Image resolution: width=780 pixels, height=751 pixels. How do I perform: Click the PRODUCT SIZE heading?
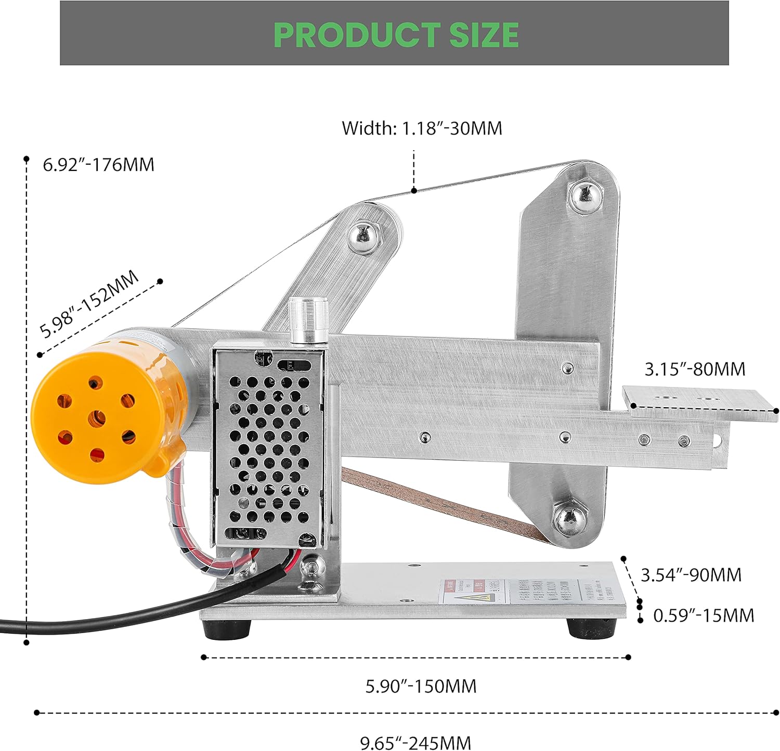[396, 35]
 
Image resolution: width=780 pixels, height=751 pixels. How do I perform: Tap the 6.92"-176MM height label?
[98, 165]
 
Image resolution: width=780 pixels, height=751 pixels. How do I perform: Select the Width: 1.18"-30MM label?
[422, 128]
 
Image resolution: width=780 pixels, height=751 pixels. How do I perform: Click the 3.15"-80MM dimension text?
[695, 369]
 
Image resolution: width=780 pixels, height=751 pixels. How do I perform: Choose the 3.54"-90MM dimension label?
[691, 575]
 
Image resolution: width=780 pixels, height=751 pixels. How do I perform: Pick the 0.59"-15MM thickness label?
[703, 615]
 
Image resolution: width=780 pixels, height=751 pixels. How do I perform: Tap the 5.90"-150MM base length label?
[421, 686]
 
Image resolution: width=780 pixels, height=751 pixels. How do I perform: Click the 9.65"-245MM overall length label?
[415, 742]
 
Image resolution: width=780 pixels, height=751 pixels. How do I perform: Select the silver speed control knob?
[309, 320]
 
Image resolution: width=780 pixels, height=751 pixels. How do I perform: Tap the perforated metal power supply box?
[267, 447]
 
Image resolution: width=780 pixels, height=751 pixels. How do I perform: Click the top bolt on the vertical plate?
[585, 195]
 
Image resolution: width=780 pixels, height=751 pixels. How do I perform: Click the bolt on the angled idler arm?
[365, 238]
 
